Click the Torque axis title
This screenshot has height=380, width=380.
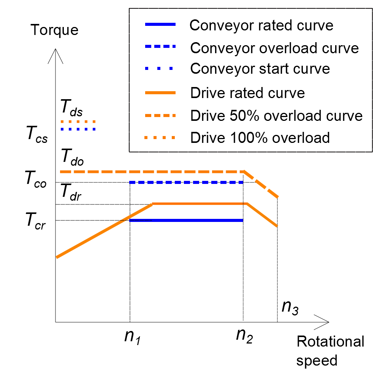54,30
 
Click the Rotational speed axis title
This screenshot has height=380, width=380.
330,351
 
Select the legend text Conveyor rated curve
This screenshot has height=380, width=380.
261,25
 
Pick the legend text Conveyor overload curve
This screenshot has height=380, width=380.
274,48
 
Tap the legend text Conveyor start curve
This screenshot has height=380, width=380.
260,68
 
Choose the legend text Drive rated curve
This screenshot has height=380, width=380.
247,93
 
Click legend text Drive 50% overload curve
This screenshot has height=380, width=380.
276,116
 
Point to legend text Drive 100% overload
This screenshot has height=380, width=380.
260,138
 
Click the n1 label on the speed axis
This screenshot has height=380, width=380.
133,337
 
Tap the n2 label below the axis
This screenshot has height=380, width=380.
244,336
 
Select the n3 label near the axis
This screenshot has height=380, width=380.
290,307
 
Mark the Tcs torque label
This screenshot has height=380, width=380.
37,135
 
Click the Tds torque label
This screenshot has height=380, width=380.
71,108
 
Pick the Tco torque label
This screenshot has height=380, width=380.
36,179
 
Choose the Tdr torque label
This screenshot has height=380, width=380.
71,192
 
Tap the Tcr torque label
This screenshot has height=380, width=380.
35,221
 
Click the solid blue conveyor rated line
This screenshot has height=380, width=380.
186,220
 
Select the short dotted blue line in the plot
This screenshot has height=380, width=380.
78,129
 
